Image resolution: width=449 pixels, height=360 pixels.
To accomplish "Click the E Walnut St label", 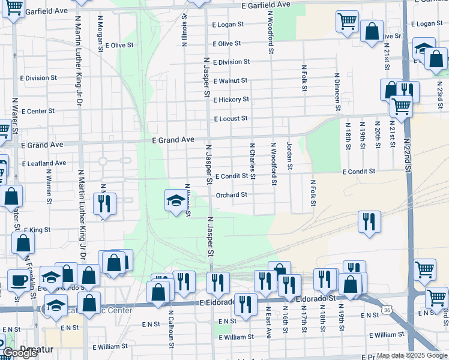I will pyautogui.click(x=230, y=80).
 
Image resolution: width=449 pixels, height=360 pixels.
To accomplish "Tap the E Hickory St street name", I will pyautogui.click(x=231, y=100).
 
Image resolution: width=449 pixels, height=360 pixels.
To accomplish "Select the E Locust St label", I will pyautogui.click(x=231, y=119).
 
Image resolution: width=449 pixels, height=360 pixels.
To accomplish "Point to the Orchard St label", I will pyautogui.click(x=231, y=194).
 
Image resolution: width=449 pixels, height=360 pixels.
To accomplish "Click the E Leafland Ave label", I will pyautogui.click(x=44, y=163).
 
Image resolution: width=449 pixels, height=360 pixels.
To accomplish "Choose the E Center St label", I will pyautogui.click(x=38, y=111).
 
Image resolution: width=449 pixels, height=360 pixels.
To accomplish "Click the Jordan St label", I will pyautogui.click(x=289, y=155).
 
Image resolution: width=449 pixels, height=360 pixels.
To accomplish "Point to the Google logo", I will pyautogui.click(x=20, y=353).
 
